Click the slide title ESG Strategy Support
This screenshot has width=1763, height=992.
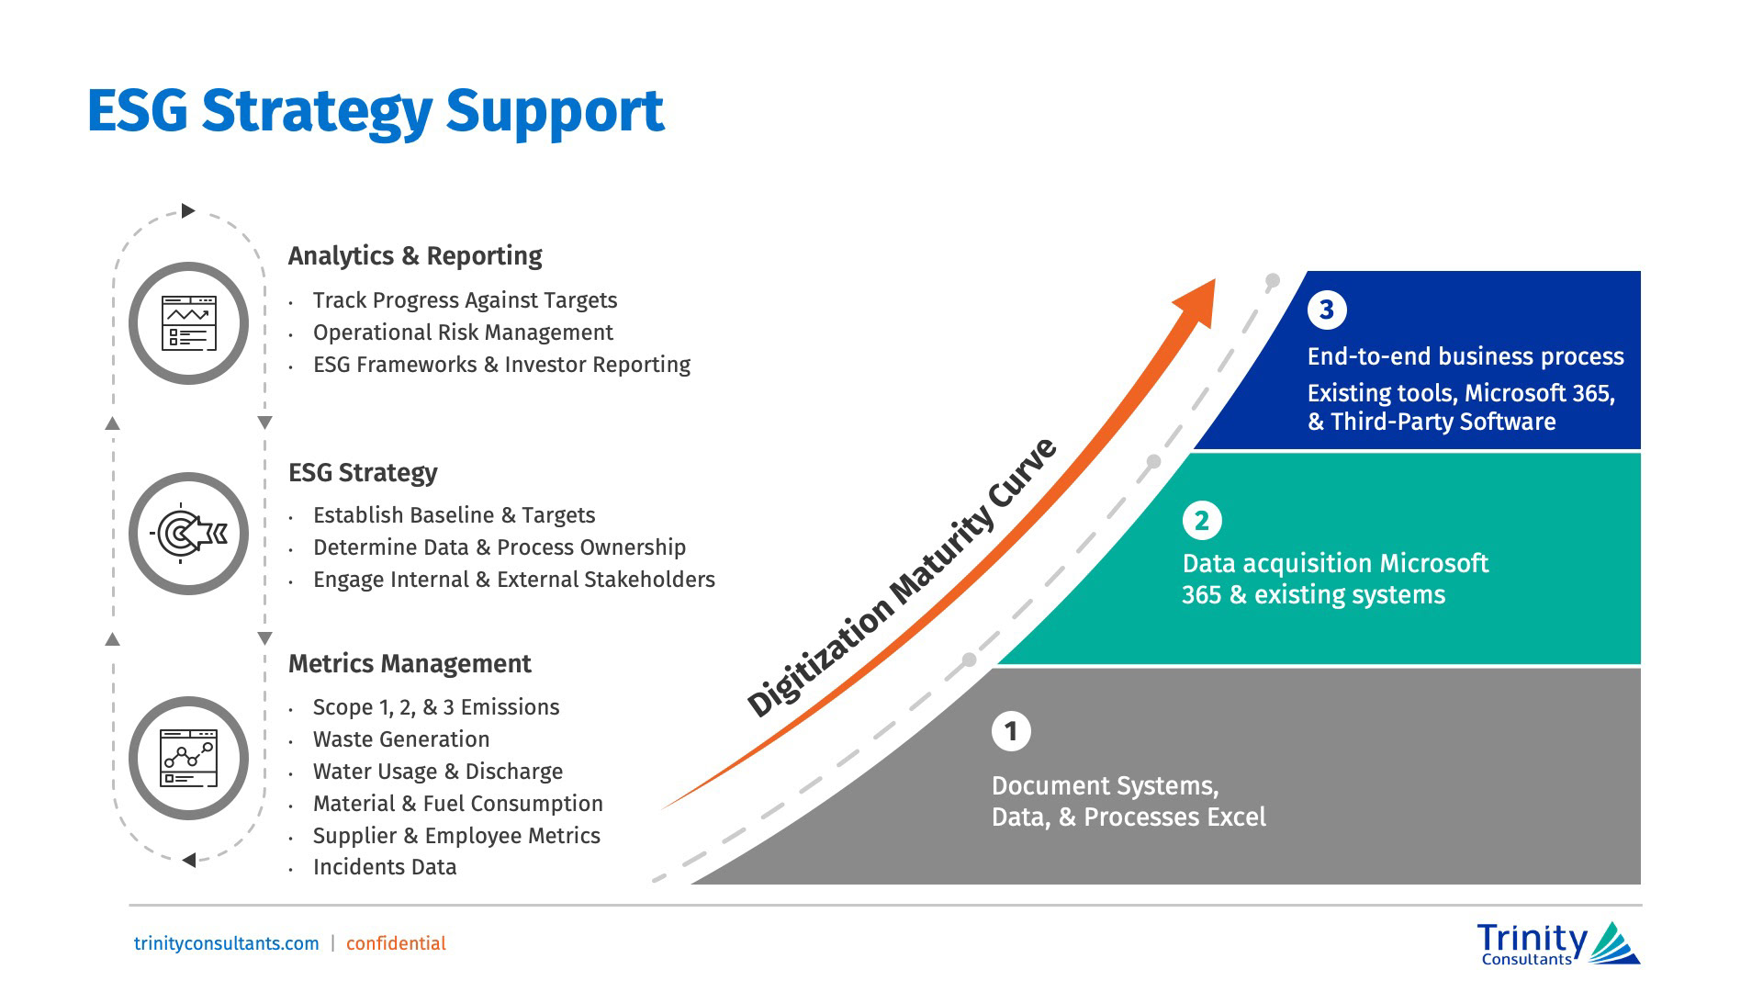click(375, 112)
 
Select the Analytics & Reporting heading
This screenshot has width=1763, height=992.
click(415, 255)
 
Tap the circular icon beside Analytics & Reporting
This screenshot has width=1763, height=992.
click(188, 323)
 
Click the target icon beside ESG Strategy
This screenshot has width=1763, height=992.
click(188, 533)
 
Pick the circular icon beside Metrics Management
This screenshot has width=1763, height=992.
click(188, 759)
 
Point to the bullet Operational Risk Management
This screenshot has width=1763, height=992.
click(463, 333)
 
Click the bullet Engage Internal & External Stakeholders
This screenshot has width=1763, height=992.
click(513, 580)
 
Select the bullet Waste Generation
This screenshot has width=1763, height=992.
click(401, 739)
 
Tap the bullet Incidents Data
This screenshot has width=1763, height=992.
click(385, 867)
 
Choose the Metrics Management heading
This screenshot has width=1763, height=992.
click(410, 663)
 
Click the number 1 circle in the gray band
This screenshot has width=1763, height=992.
click(1011, 732)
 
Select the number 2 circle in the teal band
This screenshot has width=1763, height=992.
click(1201, 521)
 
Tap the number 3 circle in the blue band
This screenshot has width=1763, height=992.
click(1327, 310)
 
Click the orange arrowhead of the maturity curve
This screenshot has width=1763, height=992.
click(1196, 300)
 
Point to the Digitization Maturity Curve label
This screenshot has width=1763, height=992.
click(902, 579)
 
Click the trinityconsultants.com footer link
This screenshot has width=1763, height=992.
click(227, 943)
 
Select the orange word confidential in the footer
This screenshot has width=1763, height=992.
click(396, 943)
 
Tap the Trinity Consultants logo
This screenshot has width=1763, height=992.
click(1557, 944)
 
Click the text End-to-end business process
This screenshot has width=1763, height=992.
click(1465, 356)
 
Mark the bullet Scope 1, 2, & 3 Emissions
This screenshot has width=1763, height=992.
click(436, 707)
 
